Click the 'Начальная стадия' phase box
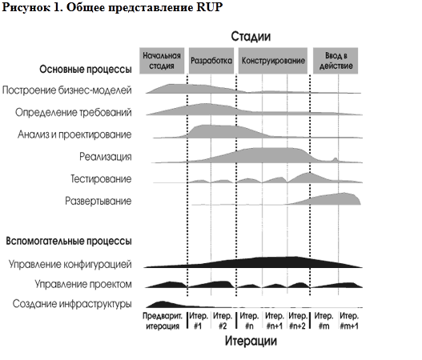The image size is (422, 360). (x=162, y=61)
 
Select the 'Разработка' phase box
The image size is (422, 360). (x=211, y=61)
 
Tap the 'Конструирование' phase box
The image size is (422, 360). (x=273, y=61)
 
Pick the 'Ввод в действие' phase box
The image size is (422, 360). (x=336, y=61)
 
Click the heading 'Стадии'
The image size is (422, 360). (x=251, y=37)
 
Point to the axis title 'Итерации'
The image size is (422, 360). (x=251, y=341)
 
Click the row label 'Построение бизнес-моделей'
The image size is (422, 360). (x=66, y=90)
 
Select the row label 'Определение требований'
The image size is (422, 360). (x=74, y=112)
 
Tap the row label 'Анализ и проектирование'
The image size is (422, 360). (x=74, y=134)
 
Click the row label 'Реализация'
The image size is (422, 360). (x=106, y=157)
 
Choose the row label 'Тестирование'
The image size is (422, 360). (x=101, y=178)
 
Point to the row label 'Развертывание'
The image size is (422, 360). (x=98, y=201)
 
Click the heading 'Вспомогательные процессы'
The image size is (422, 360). (x=69, y=241)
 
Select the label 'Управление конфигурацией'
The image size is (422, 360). (x=70, y=264)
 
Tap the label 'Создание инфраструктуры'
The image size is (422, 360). (x=72, y=304)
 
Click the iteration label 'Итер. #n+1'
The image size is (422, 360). (x=274, y=321)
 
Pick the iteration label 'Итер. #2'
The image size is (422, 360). (x=223, y=321)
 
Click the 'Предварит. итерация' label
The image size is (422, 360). (x=163, y=321)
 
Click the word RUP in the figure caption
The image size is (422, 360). (x=209, y=7)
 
